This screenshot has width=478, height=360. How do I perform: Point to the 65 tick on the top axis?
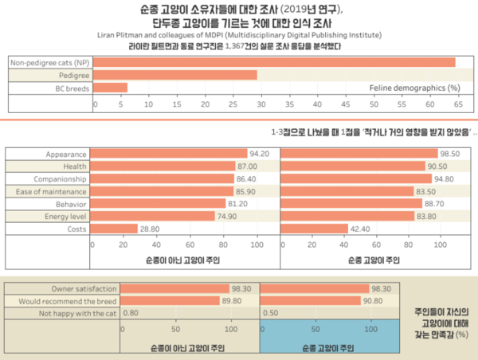click(x=457, y=104)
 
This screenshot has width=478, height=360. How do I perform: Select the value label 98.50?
click(x=451, y=154)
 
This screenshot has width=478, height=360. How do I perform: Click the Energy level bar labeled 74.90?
click(x=152, y=216)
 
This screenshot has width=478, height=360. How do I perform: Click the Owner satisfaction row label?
click(x=84, y=288)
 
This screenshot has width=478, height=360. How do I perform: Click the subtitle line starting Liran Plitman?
click(x=238, y=34)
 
